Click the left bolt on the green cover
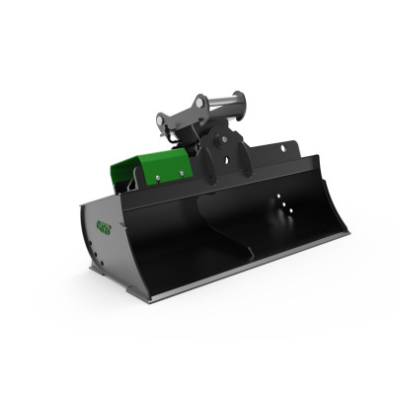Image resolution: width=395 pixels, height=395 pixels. point(157,178)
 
